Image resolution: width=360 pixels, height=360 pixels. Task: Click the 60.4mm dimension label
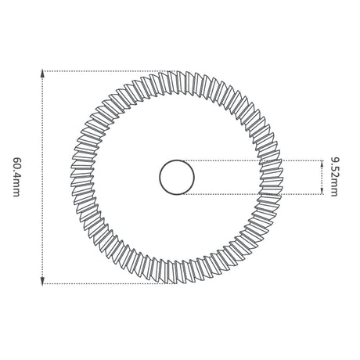(x=16, y=177)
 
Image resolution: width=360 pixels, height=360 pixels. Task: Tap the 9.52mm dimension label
(x=334, y=177)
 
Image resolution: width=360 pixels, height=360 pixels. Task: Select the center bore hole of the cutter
(x=177, y=177)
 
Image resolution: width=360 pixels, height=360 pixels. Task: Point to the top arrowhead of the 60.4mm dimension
(x=42, y=74)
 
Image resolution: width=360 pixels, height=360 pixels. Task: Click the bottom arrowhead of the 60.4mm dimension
(x=42, y=281)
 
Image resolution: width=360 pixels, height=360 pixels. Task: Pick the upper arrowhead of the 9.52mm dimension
(x=322, y=164)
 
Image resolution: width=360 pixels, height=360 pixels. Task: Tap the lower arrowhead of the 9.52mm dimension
(x=322, y=191)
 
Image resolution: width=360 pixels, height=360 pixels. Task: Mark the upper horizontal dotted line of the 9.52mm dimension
(x=253, y=160)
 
